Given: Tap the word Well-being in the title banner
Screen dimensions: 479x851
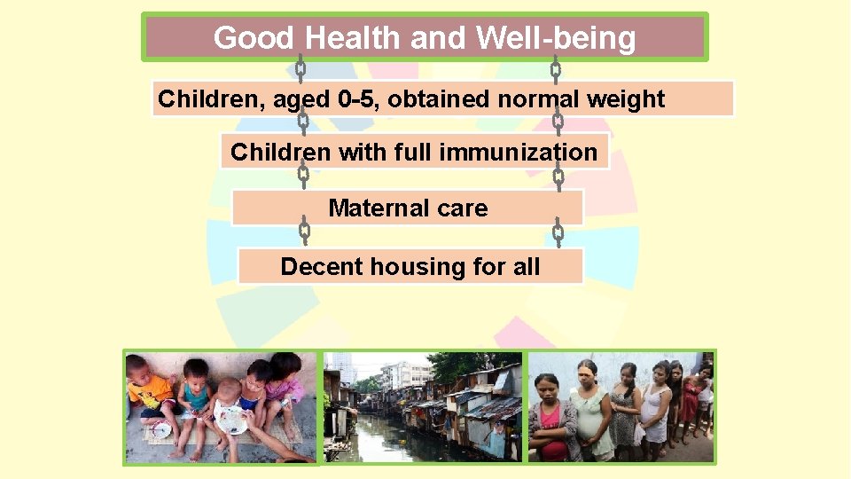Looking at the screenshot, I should click(x=556, y=38).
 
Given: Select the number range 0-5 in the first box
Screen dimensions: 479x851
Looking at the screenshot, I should click(x=359, y=99).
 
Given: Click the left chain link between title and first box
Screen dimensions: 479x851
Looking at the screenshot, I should click(x=301, y=68).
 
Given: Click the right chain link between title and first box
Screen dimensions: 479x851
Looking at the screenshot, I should click(x=556, y=68).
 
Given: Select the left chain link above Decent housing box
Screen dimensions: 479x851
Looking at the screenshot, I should click(x=303, y=233).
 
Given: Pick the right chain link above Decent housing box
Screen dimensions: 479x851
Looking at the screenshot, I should click(x=558, y=234).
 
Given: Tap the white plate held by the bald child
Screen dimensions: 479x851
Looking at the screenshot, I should click(x=233, y=419).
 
